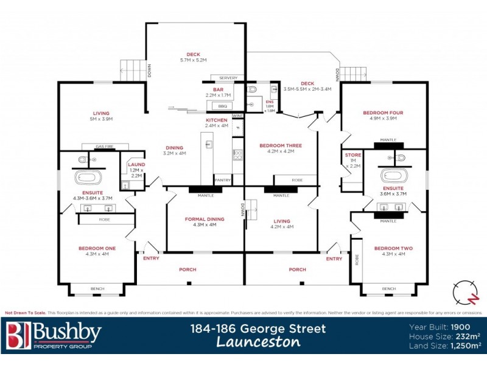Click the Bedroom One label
click(x=97, y=248)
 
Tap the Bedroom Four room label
click(x=379, y=113)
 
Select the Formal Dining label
click(x=205, y=219)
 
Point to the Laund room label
click(x=136, y=165)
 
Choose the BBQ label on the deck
click(x=222, y=106)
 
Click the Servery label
click(x=228, y=78)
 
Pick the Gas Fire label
click(x=105, y=147)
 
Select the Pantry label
click(x=222, y=179)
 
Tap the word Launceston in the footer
click(x=258, y=342)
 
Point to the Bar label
click(x=215, y=89)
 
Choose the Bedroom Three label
click(x=281, y=145)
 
